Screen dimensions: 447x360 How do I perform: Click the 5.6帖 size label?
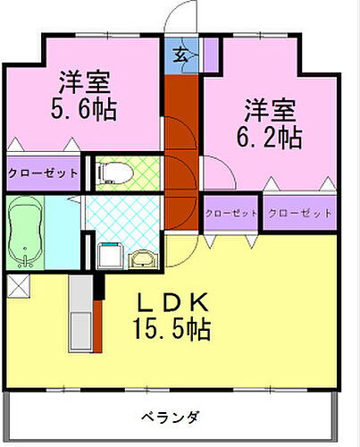84,112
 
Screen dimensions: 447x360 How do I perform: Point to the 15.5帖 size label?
174,330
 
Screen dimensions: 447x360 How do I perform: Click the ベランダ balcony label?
170,417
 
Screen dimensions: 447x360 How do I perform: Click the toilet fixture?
114,172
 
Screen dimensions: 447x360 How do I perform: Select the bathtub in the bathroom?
25,232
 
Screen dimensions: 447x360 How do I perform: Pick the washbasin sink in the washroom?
142,259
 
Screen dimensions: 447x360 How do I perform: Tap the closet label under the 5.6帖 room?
43,173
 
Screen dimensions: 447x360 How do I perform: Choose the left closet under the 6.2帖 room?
230,213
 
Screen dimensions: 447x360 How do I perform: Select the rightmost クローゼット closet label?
299,213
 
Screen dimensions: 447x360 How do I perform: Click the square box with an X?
18,287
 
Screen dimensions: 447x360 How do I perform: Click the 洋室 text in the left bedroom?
84,83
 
